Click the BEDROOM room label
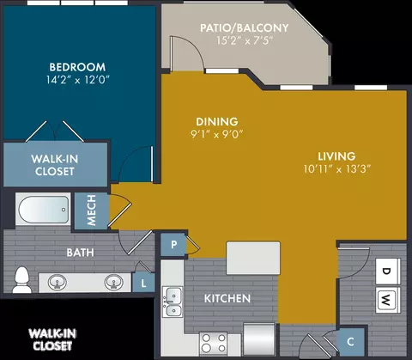pyautogui.click(x=77, y=67)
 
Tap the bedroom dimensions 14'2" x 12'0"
pyautogui.click(x=78, y=80)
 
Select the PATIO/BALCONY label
pyautogui.click(x=244, y=27)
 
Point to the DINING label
pyautogui.click(x=217, y=121)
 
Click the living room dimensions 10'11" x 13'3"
pyautogui.click(x=337, y=168)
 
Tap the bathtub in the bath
pyautogui.click(x=44, y=209)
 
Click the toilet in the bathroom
pyautogui.click(x=21, y=280)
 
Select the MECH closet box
pyautogui.click(x=92, y=211)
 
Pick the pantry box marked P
pyautogui.click(x=173, y=245)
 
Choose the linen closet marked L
pyautogui.click(x=143, y=283)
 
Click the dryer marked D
pyautogui.click(x=387, y=271)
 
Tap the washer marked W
pyautogui.click(x=387, y=300)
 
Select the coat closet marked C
pyautogui.click(x=350, y=341)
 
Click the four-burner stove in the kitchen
pyautogui.click(x=214, y=344)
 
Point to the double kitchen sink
pyautogui.click(x=173, y=302)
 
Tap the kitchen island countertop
pyautogui.click(x=253, y=258)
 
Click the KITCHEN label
pyautogui.click(x=227, y=298)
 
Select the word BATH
pyautogui.click(x=80, y=253)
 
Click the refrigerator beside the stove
pyautogui.click(x=259, y=339)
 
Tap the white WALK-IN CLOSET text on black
pyautogui.click(x=52, y=339)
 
